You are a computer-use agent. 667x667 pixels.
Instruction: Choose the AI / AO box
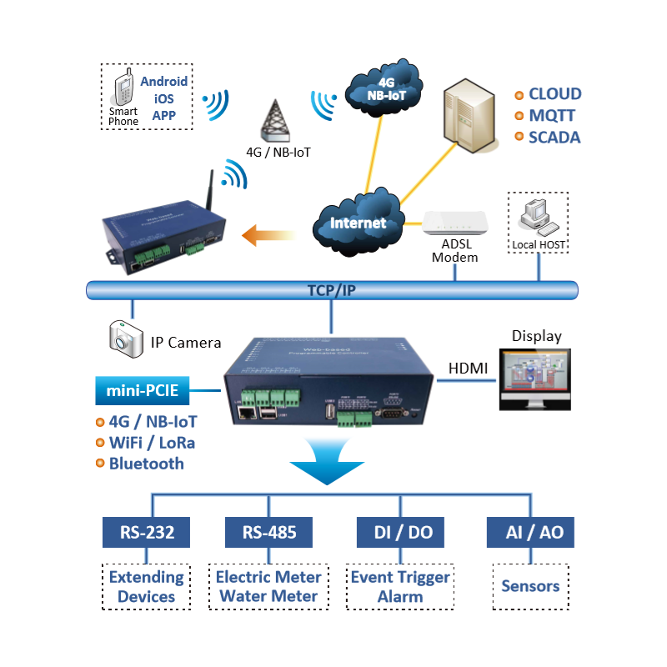pos(530,532)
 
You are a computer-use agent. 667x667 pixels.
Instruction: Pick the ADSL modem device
pos(454,224)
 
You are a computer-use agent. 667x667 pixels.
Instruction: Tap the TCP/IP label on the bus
pos(332,290)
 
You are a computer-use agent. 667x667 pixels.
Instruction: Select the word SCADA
pos(554,138)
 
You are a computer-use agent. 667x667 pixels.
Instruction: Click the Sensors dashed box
pos(530,586)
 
